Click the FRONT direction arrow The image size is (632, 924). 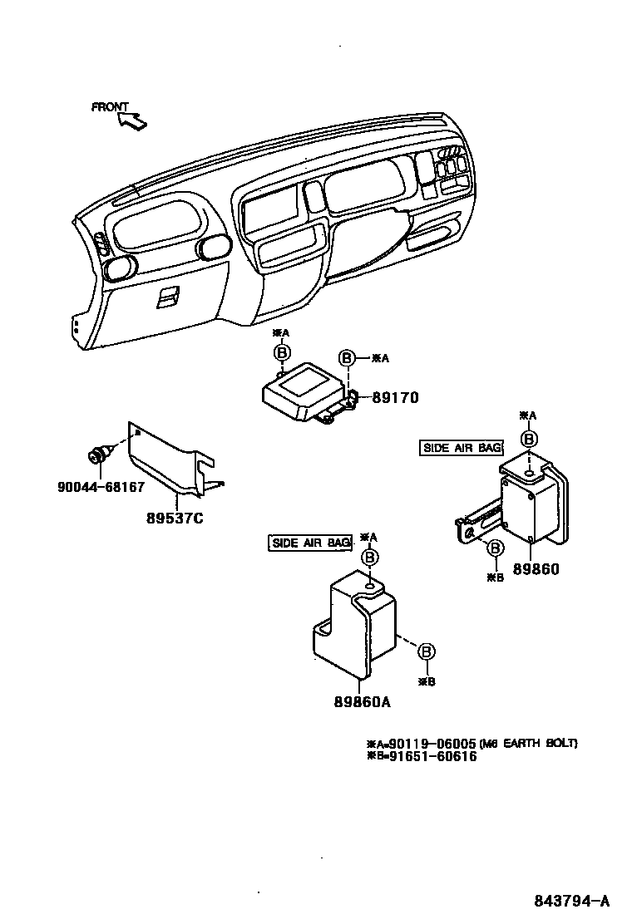(x=133, y=121)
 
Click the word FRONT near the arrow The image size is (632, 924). (x=110, y=107)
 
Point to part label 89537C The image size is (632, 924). (x=175, y=519)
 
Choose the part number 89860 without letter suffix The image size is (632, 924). (x=536, y=570)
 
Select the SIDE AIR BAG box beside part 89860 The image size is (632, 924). (x=462, y=448)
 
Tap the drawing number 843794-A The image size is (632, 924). (x=572, y=901)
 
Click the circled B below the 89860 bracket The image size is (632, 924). (x=495, y=548)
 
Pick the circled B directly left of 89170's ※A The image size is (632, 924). (x=348, y=358)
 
